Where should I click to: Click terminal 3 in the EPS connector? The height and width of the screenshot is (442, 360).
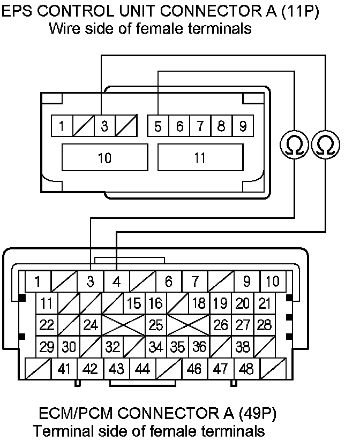pyautogui.click(x=105, y=127)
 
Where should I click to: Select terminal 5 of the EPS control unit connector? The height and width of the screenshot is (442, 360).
pyautogui.click(x=158, y=127)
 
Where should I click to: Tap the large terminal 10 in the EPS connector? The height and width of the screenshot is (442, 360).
pyautogui.click(x=105, y=158)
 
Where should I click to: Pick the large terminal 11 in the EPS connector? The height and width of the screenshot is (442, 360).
pyautogui.click(x=200, y=158)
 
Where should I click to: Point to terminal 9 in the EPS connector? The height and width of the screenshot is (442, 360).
pyautogui.click(x=243, y=127)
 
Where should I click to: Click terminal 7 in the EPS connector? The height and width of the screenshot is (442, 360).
pyautogui.click(x=200, y=127)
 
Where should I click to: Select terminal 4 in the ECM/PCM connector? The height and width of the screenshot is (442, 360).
pyautogui.click(x=116, y=281)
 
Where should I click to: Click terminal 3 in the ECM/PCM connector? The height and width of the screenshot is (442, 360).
pyautogui.click(x=91, y=281)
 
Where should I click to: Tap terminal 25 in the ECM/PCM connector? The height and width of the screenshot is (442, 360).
pyautogui.click(x=156, y=325)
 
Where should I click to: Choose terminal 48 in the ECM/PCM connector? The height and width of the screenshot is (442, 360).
pyautogui.click(x=246, y=369)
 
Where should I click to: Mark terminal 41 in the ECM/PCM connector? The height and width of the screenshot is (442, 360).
pyautogui.click(x=64, y=369)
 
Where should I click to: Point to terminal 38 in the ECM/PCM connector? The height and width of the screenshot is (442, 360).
pyautogui.click(x=243, y=347)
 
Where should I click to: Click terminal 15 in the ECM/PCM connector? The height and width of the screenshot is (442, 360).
pyautogui.click(x=134, y=303)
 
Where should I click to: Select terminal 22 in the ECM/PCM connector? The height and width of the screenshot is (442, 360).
pyautogui.click(x=47, y=325)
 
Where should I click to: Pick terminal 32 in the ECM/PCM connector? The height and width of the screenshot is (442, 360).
pyautogui.click(x=112, y=347)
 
